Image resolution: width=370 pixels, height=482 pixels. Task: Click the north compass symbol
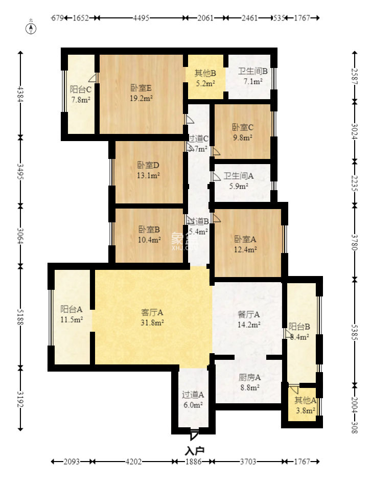coord(31,28)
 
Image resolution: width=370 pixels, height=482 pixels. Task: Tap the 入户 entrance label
coord(194,451)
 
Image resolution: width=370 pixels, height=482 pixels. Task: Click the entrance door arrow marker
coord(194,435)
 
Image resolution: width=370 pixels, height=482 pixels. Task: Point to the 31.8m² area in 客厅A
coord(152,322)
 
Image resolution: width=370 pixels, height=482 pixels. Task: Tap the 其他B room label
coord(205,73)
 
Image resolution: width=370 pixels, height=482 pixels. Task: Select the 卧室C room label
coord(243,127)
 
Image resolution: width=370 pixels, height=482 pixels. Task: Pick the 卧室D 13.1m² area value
coord(149,175)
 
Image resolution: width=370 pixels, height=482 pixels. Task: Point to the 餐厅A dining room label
coord(249,314)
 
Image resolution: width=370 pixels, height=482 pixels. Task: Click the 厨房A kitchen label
coord(249,378)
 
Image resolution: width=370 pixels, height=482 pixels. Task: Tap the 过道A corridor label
coord(193,395)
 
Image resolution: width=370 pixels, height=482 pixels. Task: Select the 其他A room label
coord(305,400)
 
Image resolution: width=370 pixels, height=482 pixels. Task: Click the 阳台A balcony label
coord(72,309)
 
